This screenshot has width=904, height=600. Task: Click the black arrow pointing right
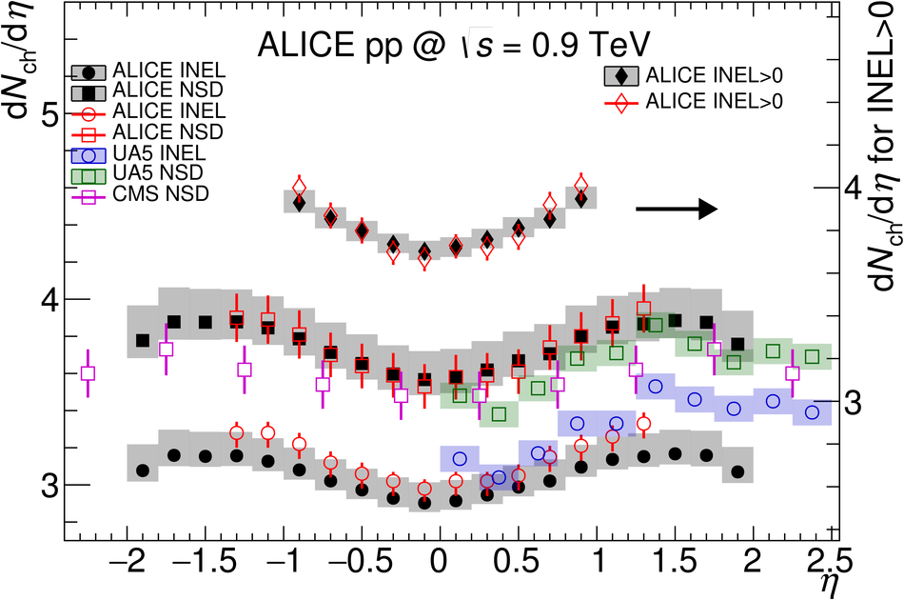click(676, 210)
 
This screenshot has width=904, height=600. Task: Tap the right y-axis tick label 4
click(853, 189)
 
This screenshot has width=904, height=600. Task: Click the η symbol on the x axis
click(830, 584)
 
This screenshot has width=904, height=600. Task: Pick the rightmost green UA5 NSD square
click(812, 357)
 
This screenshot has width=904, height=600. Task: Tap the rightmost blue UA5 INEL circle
click(812, 412)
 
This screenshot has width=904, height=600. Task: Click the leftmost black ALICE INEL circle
click(143, 470)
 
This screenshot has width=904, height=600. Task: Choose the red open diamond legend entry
click(704, 100)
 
